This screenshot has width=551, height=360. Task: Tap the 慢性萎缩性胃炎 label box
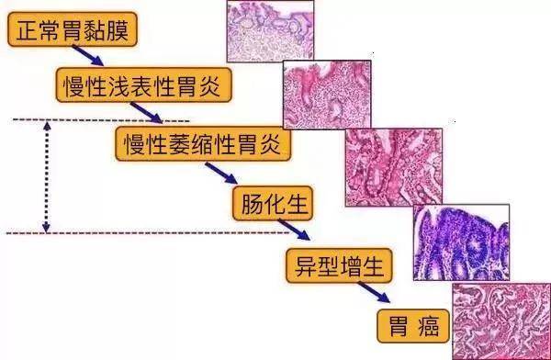coord(203,142)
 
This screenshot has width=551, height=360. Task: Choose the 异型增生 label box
coord(336,265)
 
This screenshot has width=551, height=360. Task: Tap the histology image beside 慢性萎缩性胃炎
coord(393,166)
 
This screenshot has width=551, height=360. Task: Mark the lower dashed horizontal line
coord(138,233)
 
